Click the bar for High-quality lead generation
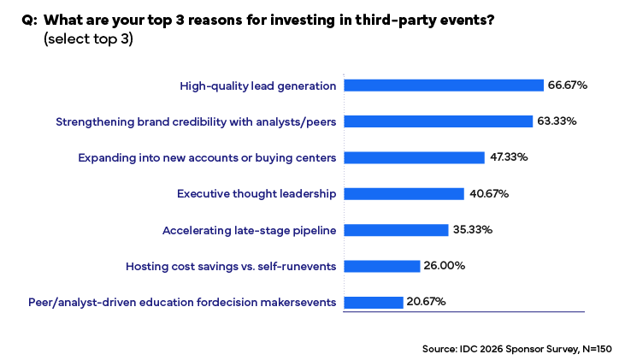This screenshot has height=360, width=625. tap(443, 85)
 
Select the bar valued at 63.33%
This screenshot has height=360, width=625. tap(437, 121)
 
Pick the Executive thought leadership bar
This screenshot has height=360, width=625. tap(403, 194)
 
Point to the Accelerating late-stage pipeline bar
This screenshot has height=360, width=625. tap(395, 230)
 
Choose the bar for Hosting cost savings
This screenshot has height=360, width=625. tap(381, 266)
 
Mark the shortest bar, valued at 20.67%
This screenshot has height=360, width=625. tap(373, 302)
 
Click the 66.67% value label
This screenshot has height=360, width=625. tap(567, 86)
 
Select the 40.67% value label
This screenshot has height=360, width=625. tap(489, 194)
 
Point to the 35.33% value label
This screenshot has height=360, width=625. tap(474, 230)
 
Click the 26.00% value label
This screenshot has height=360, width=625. tap(445, 266)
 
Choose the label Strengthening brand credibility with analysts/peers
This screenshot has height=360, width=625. tap(196, 121)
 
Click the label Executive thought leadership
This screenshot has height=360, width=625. tap(256, 194)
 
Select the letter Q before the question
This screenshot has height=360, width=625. tap(27, 21)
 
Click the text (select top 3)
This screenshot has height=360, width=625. tap(88, 39)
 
